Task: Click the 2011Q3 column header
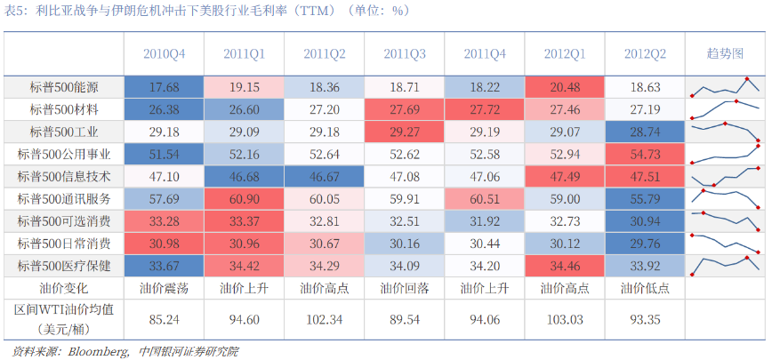point(404,54)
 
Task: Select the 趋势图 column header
point(725,54)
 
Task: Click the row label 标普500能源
point(64,87)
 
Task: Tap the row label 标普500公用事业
point(64,155)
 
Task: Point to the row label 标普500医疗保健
point(64,266)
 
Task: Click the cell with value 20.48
point(565,87)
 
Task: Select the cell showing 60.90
point(245,199)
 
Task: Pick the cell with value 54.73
point(645,155)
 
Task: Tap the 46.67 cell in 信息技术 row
point(325,177)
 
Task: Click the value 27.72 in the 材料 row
point(485,109)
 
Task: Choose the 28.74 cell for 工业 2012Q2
point(645,132)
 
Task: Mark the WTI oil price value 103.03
point(565,320)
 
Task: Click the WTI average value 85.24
point(164,320)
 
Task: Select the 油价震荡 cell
point(164,288)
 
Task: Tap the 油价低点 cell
point(645,288)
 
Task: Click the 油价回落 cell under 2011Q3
point(404,288)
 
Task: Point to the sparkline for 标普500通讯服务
point(725,198)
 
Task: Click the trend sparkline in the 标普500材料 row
point(725,109)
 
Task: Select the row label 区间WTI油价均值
point(64,310)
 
